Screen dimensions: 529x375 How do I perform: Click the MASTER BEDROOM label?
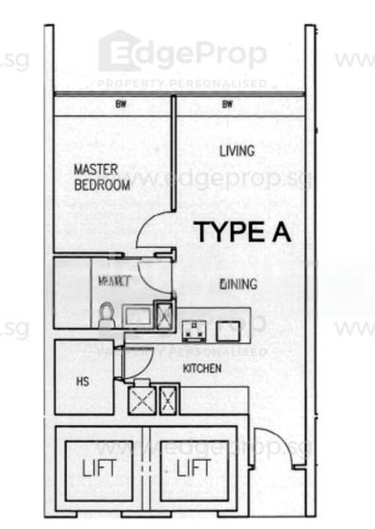coord(102,177)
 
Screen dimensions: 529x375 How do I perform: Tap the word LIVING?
coord(237,152)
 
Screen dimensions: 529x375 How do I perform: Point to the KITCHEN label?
coord(202,368)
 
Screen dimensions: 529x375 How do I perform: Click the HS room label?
coord(83,383)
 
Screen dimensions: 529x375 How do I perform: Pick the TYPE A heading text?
coord(242,233)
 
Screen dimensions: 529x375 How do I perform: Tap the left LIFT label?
coord(99,468)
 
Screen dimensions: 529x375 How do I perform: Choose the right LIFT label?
coord(194,468)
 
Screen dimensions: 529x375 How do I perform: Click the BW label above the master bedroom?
coord(121,105)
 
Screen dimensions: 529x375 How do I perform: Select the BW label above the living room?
coord(227,105)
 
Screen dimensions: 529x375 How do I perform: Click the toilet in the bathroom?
coord(107,314)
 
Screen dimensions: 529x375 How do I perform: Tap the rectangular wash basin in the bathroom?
coord(136,316)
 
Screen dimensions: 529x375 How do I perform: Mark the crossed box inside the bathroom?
coord(164,314)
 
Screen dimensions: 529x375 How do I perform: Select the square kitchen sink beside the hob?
coord(227,332)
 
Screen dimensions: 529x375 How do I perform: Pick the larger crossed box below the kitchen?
coord(142,401)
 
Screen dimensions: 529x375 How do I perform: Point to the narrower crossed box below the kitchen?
coord(168,401)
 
